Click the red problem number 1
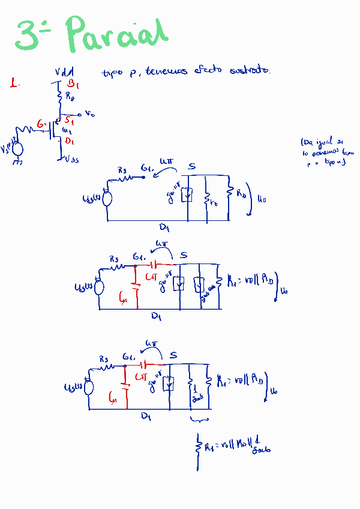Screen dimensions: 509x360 pos(13,83)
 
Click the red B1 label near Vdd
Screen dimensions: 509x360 pos(73,83)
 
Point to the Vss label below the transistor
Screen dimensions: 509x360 pos(71,159)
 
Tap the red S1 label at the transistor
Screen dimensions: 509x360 pos(69,121)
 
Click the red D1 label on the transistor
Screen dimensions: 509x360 pos(70,141)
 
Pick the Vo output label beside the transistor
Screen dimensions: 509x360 pos(89,113)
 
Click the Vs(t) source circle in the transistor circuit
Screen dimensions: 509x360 pos(17,149)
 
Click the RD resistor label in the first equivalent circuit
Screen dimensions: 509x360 pos(241,194)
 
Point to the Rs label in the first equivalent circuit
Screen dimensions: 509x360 pos(122,170)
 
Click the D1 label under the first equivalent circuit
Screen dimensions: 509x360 pos(163,227)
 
